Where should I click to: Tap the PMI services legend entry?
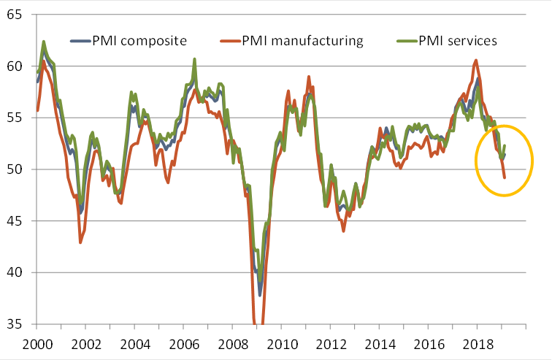coord(457,40)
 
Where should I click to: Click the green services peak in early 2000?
coord(44,42)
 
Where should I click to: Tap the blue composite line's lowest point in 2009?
coord(259,295)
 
